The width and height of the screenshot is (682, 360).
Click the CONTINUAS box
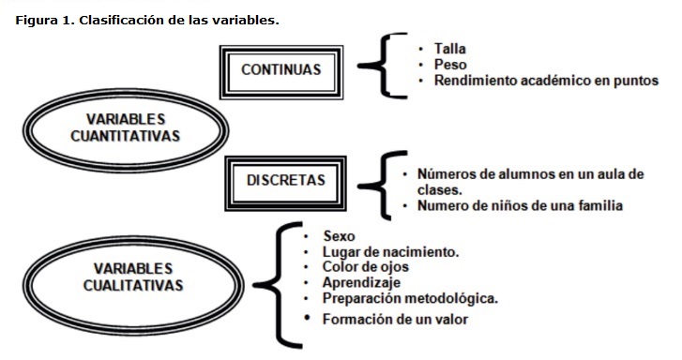point(280,69)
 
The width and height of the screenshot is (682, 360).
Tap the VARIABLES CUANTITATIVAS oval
point(125,127)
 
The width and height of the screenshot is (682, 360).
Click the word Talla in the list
point(450,48)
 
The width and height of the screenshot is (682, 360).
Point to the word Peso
point(449,65)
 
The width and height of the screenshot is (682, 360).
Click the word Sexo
point(339,236)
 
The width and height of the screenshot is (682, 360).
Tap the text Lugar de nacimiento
point(390,251)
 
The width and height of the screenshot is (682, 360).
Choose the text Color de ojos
point(365,266)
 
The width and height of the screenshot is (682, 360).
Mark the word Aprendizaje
point(361,281)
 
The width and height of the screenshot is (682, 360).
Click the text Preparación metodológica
point(410,298)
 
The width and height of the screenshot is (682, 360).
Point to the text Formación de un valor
point(395,320)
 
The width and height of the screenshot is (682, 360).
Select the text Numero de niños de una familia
point(520,204)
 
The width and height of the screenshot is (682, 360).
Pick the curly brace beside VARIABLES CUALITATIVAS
point(280,281)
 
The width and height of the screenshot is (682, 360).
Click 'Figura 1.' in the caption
point(41,19)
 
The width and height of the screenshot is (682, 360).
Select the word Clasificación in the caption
point(118,19)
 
